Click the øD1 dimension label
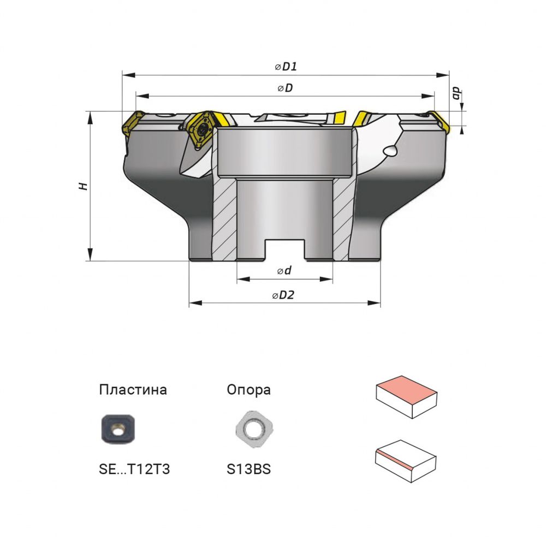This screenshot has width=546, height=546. coord(286,66)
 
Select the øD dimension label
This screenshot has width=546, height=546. coord(285,88)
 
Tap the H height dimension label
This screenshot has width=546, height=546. coord(84,186)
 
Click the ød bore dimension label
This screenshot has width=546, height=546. coord(284,270)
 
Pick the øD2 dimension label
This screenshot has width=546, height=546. coord(283,295)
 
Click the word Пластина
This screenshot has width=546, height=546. coord(133,389)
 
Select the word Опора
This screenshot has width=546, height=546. coord(248,389)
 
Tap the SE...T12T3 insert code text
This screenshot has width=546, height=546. coord(134,469)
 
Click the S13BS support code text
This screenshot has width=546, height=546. coord(248,469)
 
